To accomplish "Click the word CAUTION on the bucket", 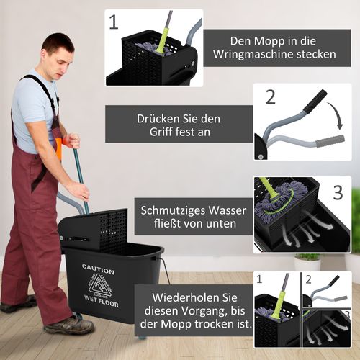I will [99, 266].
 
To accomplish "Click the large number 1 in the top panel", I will [114, 22].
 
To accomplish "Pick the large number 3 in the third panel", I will [338, 192].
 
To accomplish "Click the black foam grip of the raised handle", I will [315, 102].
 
